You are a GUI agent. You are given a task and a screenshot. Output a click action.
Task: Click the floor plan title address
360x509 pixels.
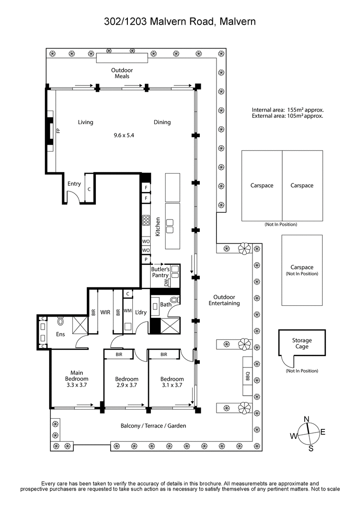[180, 21]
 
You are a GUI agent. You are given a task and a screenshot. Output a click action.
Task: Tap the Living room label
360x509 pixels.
[85, 122]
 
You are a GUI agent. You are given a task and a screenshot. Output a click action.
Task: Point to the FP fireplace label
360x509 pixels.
[58, 131]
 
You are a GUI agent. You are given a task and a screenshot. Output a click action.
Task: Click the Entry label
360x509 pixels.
[74, 183]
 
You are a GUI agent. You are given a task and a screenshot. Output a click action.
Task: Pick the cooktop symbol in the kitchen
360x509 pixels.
[146, 220]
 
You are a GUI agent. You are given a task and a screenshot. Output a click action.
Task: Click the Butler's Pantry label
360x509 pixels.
[160, 272]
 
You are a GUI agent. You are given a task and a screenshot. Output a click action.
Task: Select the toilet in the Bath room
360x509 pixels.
[175, 300]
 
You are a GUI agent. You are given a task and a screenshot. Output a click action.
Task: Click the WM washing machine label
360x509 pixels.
[128, 310]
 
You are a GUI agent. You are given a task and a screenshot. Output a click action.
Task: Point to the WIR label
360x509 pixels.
[105, 312]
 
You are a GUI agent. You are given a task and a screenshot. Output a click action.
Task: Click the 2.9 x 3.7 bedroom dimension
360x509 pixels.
[126, 385]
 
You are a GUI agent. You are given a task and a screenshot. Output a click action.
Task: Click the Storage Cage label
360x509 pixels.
[301, 344]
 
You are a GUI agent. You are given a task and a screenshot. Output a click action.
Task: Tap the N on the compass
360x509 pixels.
[307, 419]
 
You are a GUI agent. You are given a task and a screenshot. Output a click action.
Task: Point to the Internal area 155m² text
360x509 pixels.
[288, 110]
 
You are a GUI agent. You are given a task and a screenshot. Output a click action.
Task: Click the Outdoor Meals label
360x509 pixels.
[122, 73]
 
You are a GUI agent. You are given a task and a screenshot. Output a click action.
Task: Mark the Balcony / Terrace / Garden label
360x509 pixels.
[153, 426]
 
